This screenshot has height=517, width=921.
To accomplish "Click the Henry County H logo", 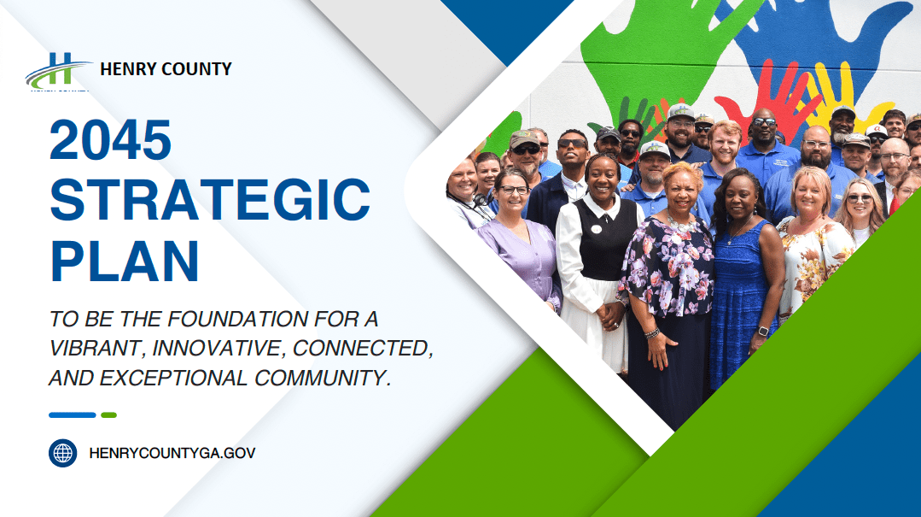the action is (x=58, y=71).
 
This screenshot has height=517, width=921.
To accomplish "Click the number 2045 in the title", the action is (x=110, y=140).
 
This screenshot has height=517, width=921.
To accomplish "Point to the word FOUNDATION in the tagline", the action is (x=237, y=319).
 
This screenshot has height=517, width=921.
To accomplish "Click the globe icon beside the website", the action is (x=63, y=453).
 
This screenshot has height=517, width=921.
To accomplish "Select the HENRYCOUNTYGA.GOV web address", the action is (x=172, y=453).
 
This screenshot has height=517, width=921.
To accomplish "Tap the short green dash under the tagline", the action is (x=108, y=415).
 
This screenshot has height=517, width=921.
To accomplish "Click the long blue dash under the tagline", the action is (x=73, y=415).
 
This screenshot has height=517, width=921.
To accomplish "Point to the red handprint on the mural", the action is (x=769, y=94).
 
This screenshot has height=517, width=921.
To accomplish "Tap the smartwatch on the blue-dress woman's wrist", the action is (x=762, y=332).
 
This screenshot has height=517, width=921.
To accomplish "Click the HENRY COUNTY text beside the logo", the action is (x=166, y=69).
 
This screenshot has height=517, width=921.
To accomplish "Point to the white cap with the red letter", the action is (x=876, y=131).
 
